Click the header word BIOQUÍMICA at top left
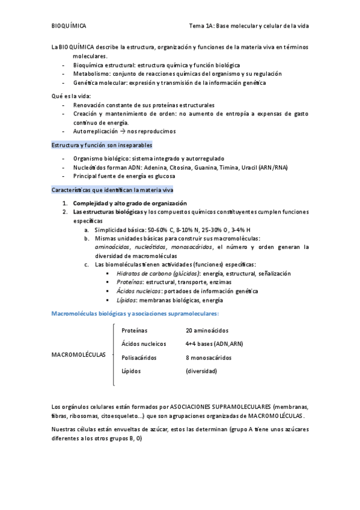point(69,26)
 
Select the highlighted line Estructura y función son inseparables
point(101,145)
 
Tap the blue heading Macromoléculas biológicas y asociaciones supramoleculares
point(136,313)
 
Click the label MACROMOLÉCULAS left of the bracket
point(79,355)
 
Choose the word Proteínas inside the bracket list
point(134,330)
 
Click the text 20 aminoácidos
point(207,330)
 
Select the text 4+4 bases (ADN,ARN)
point(214,343)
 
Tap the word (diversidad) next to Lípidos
point(201,371)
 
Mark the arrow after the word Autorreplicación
point(122,131)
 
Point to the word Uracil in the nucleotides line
point(248,167)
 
